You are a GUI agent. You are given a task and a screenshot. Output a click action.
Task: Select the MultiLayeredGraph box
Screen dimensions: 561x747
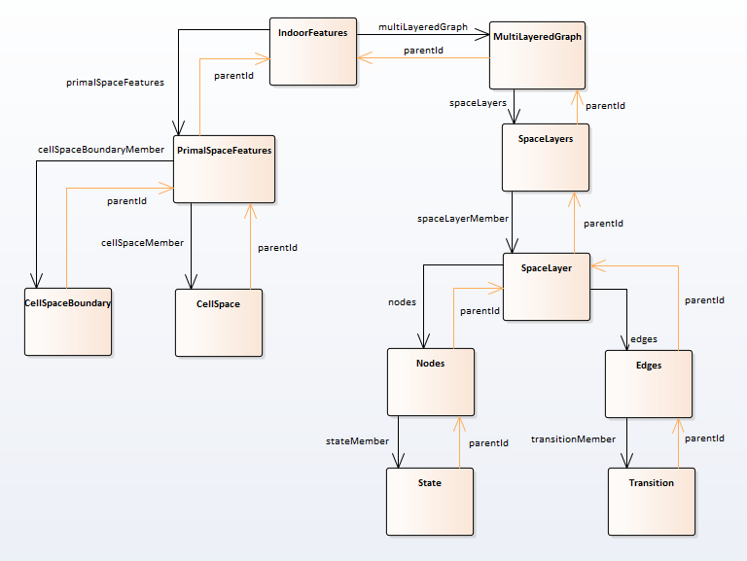point(537,54)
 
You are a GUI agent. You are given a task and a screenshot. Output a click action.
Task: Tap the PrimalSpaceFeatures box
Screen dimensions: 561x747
point(224,169)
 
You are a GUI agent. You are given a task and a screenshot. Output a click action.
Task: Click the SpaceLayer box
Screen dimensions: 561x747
point(546,287)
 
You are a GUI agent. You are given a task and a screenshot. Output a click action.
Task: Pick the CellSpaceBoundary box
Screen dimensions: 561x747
point(67,321)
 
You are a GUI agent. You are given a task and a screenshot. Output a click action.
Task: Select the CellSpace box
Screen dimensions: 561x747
point(218,322)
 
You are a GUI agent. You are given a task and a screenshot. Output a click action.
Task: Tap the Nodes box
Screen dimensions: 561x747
point(430,380)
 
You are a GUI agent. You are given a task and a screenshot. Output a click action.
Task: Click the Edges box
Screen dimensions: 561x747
point(648,382)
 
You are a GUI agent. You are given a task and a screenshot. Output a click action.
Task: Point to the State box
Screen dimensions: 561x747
point(430,501)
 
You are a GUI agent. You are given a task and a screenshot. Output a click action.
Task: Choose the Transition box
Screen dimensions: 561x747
point(651,502)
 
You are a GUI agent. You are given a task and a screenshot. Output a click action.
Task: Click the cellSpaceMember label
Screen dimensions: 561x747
point(143,242)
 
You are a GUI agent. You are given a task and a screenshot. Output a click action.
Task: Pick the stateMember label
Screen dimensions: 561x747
point(357,441)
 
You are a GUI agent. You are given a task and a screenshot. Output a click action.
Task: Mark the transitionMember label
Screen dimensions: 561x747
point(573,439)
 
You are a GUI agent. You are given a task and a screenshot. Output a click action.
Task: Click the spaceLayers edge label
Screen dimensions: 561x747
point(477,102)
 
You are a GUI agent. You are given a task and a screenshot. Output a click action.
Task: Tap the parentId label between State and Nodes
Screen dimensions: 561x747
point(488,443)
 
